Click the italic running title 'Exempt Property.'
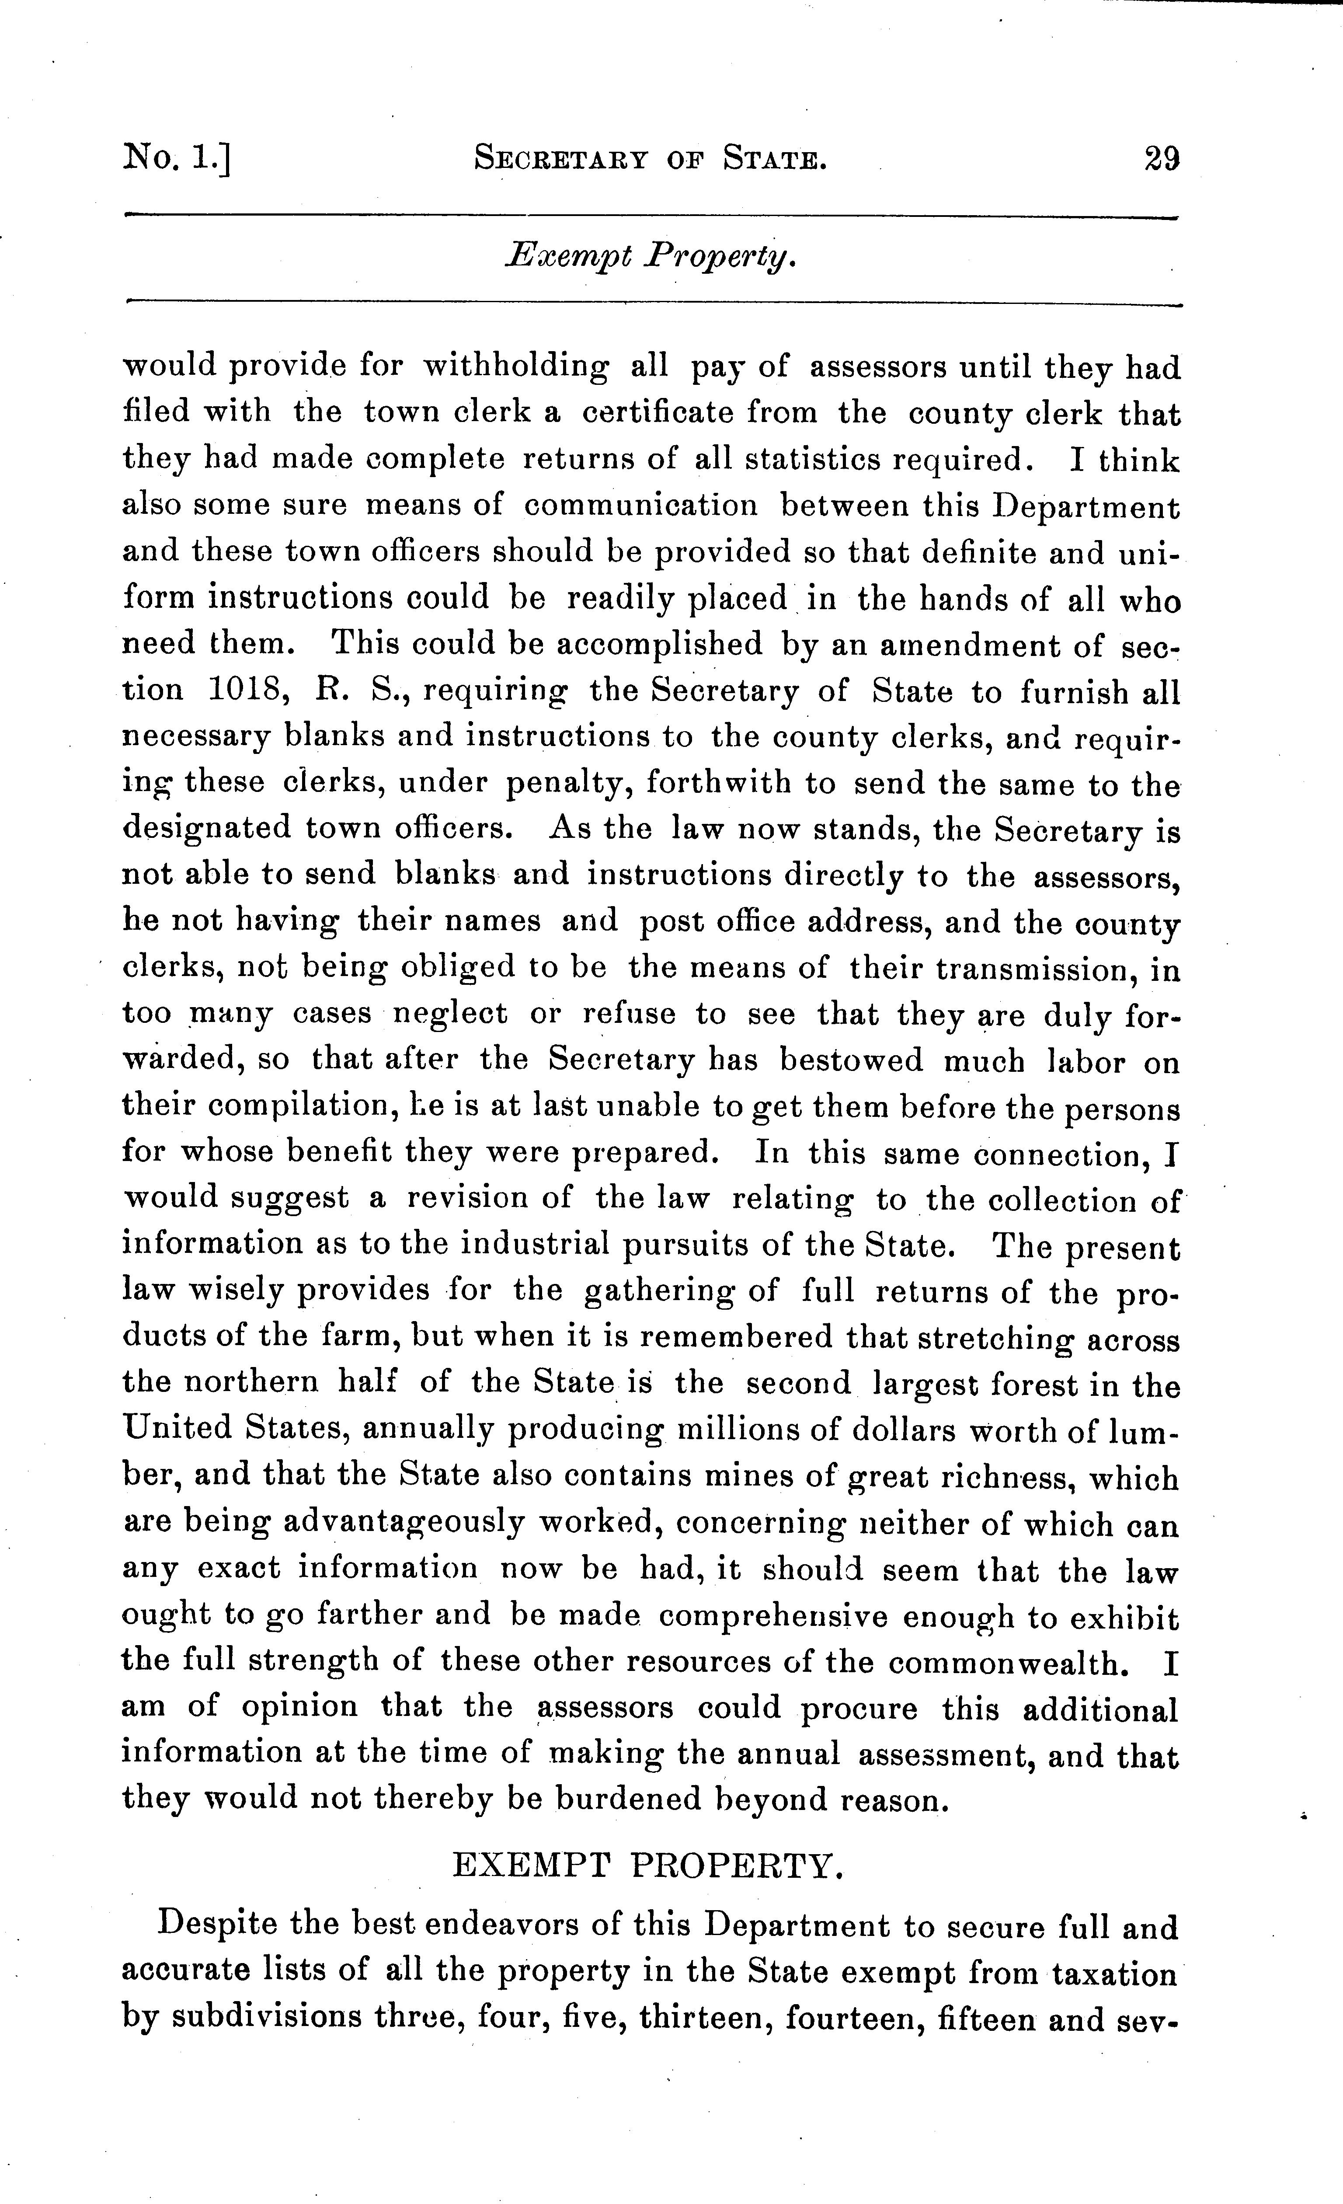[650, 257]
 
